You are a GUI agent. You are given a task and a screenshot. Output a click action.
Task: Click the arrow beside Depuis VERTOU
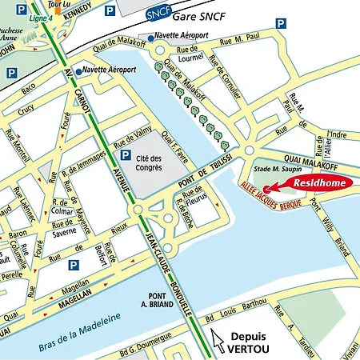click(215, 340)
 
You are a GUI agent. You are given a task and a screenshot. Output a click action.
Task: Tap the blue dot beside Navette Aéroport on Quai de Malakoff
click(151, 37)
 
